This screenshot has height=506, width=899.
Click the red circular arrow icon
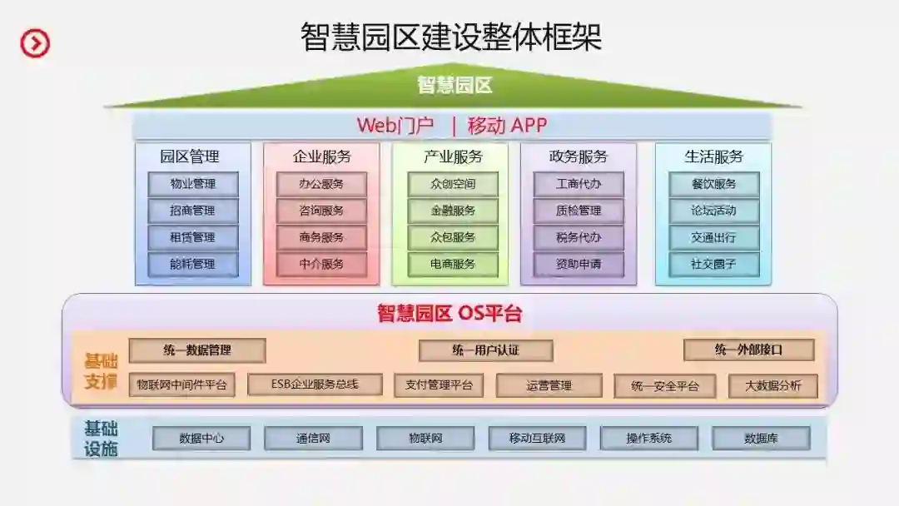coord(35,42)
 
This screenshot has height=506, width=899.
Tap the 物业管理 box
coord(193,184)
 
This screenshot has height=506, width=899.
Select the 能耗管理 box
coord(193,265)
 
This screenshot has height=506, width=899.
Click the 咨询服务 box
coord(321,211)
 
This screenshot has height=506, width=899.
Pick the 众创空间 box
coord(453,184)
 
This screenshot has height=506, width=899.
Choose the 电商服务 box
coord(453,265)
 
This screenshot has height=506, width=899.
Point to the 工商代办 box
coord(579,184)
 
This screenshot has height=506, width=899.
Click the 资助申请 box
coord(579,265)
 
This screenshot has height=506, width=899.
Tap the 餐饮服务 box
coord(713,184)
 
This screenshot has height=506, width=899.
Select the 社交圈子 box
coord(713,265)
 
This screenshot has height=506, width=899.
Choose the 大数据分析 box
coord(772,385)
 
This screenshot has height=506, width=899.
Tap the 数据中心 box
coord(201,438)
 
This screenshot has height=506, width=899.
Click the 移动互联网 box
coord(537,438)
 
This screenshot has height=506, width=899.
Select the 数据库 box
coord(761,438)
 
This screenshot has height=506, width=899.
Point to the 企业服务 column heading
coord(321,156)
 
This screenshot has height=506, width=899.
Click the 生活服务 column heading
coord(713,156)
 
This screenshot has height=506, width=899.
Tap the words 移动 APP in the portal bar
coord(507,126)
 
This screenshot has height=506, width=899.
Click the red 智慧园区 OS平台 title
coord(449,314)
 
